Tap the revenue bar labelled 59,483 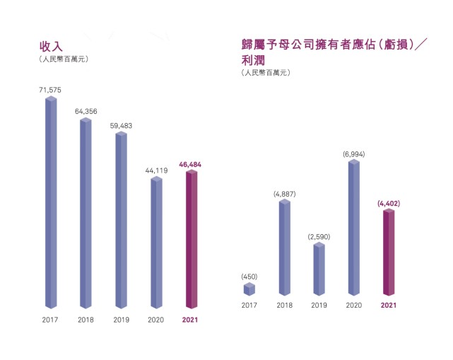[x=121, y=220]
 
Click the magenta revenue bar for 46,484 [x=191, y=240]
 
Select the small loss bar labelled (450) [x=249, y=289]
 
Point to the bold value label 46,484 [x=191, y=164]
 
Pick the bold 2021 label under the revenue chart [x=191, y=320]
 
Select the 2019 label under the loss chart [x=319, y=306]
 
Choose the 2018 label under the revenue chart [x=85, y=320]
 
